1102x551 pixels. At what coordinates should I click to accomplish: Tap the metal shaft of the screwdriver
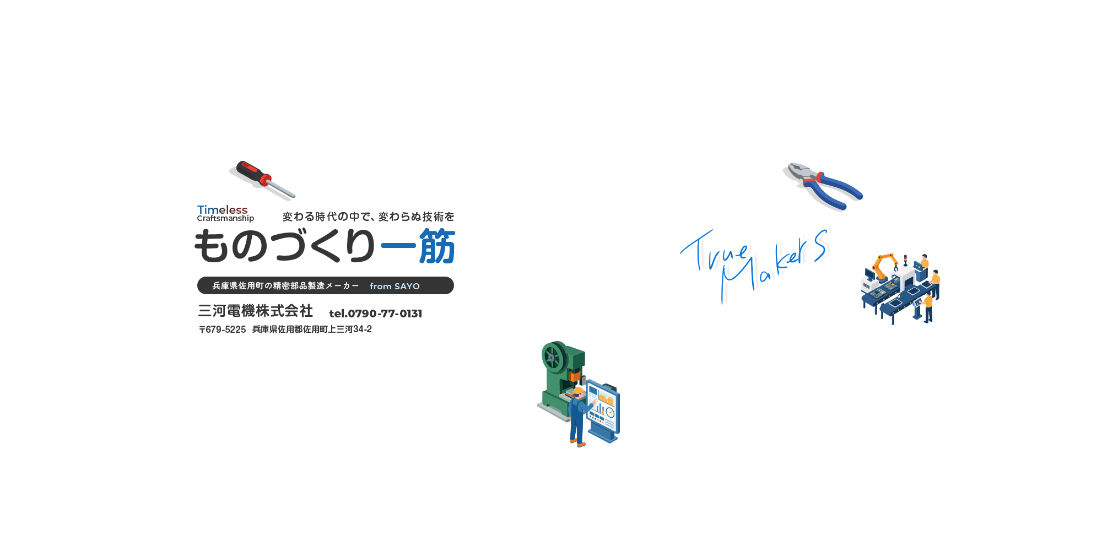[283, 188]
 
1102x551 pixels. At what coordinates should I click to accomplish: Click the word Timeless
[222, 209]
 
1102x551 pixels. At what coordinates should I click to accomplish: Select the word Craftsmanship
[225, 218]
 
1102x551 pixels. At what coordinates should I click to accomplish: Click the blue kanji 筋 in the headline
[437, 246]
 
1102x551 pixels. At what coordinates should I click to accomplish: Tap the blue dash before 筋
[397, 246]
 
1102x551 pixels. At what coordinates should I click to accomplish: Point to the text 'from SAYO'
[395, 286]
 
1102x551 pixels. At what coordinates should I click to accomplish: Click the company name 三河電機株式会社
[255, 311]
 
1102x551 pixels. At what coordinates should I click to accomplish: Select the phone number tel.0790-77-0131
[375, 314]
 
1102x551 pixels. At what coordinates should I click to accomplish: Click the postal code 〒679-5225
[222, 329]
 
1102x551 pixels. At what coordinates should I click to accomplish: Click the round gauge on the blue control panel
[610, 412]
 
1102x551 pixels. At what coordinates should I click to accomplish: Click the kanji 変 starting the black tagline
[288, 217]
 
